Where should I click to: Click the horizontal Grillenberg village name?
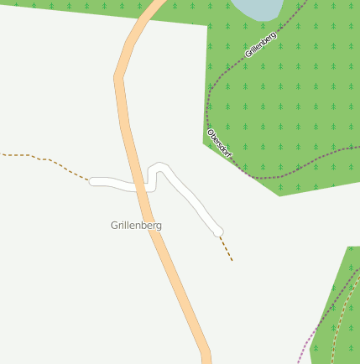136,226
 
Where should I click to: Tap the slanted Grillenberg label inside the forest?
260,44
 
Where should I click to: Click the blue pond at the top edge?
256,8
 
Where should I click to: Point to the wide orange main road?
168,268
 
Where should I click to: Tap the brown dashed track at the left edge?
34,157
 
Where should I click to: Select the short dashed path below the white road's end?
227,249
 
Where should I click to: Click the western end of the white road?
93,181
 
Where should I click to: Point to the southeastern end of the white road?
220,231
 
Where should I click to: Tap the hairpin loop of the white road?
158,167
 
